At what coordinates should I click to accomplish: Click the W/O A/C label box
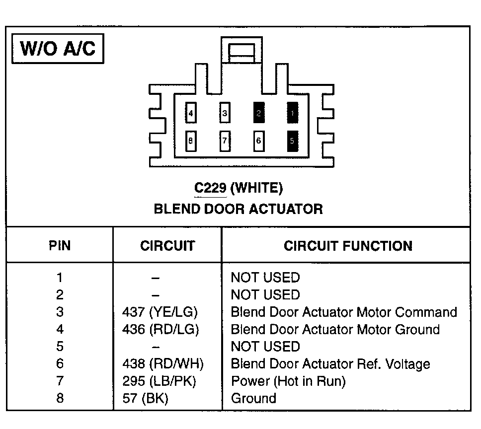pyautogui.click(x=57, y=49)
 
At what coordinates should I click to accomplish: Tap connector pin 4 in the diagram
pyautogui.click(x=190, y=113)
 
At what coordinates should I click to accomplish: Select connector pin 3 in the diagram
pyautogui.click(x=225, y=113)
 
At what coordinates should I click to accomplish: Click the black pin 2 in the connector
pyautogui.click(x=258, y=113)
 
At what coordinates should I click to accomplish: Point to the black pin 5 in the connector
pyautogui.click(x=292, y=141)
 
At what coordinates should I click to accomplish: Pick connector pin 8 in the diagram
pyautogui.click(x=190, y=141)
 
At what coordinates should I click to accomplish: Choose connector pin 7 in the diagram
pyautogui.click(x=225, y=141)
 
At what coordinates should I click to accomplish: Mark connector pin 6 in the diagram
pyautogui.click(x=258, y=141)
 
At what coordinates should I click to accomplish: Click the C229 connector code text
pyautogui.click(x=211, y=188)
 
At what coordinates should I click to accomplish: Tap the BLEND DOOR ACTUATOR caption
pyautogui.click(x=238, y=209)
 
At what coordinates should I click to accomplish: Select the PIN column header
pyautogui.click(x=60, y=246)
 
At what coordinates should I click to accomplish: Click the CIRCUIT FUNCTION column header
pyautogui.click(x=348, y=246)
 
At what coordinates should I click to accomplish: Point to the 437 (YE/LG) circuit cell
pyautogui.click(x=160, y=312)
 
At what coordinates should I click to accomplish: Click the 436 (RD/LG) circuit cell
pyautogui.click(x=160, y=330)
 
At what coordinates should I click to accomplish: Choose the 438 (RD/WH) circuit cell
pyautogui.click(x=163, y=364)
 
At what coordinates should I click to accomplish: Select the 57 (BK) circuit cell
pyautogui.click(x=145, y=398)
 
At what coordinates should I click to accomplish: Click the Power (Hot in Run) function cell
pyautogui.click(x=288, y=381)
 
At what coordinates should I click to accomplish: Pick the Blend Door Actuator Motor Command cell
pyautogui.click(x=344, y=312)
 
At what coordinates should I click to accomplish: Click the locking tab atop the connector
pyautogui.click(x=241, y=51)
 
